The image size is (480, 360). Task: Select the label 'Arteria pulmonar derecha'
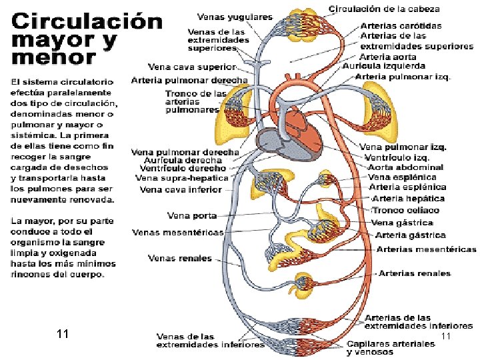point(189,80)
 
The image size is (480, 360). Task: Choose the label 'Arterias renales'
point(417,273)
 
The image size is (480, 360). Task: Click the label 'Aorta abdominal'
point(406,167)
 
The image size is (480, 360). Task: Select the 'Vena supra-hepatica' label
point(182,178)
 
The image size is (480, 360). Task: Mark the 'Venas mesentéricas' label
point(177,232)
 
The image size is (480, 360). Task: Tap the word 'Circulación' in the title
point(87,21)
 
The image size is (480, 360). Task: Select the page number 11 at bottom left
point(64,333)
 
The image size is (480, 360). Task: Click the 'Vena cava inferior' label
point(180,189)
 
